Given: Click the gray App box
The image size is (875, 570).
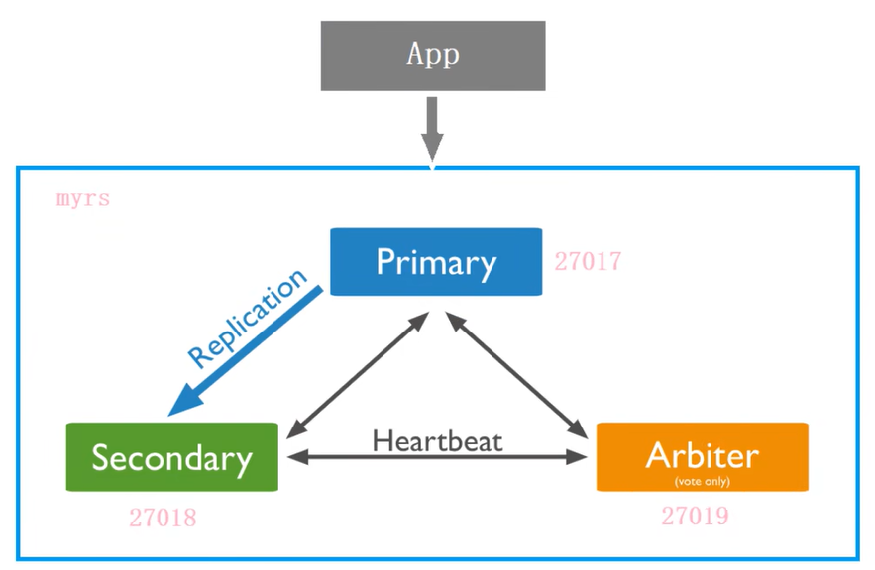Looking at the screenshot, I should click(x=367, y=55).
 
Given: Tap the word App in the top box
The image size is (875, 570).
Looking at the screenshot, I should click(x=433, y=54).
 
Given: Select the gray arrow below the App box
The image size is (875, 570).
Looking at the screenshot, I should click(x=432, y=128).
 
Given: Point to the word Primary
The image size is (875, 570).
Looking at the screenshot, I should click(x=436, y=262).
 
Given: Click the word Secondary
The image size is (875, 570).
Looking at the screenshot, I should click(x=171, y=458).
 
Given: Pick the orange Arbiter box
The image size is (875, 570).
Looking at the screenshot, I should click(x=634, y=457).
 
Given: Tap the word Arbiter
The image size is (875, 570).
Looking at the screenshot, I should click(x=702, y=455).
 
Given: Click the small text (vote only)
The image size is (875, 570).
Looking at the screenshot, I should click(x=702, y=481).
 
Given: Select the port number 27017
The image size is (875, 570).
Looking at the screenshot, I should click(x=588, y=262).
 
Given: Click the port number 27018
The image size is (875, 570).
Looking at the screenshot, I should click(x=163, y=518).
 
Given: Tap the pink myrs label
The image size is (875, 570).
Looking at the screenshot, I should click(x=83, y=199).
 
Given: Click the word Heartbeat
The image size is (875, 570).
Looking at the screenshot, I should click(x=437, y=439).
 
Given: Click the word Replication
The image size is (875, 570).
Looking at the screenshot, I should click(x=248, y=320).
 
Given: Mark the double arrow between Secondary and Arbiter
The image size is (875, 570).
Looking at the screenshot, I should click(x=437, y=458).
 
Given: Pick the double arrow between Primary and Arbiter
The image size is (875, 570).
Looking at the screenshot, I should click(x=516, y=375).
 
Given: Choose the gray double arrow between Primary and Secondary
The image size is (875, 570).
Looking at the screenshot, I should click(x=357, y=375).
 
